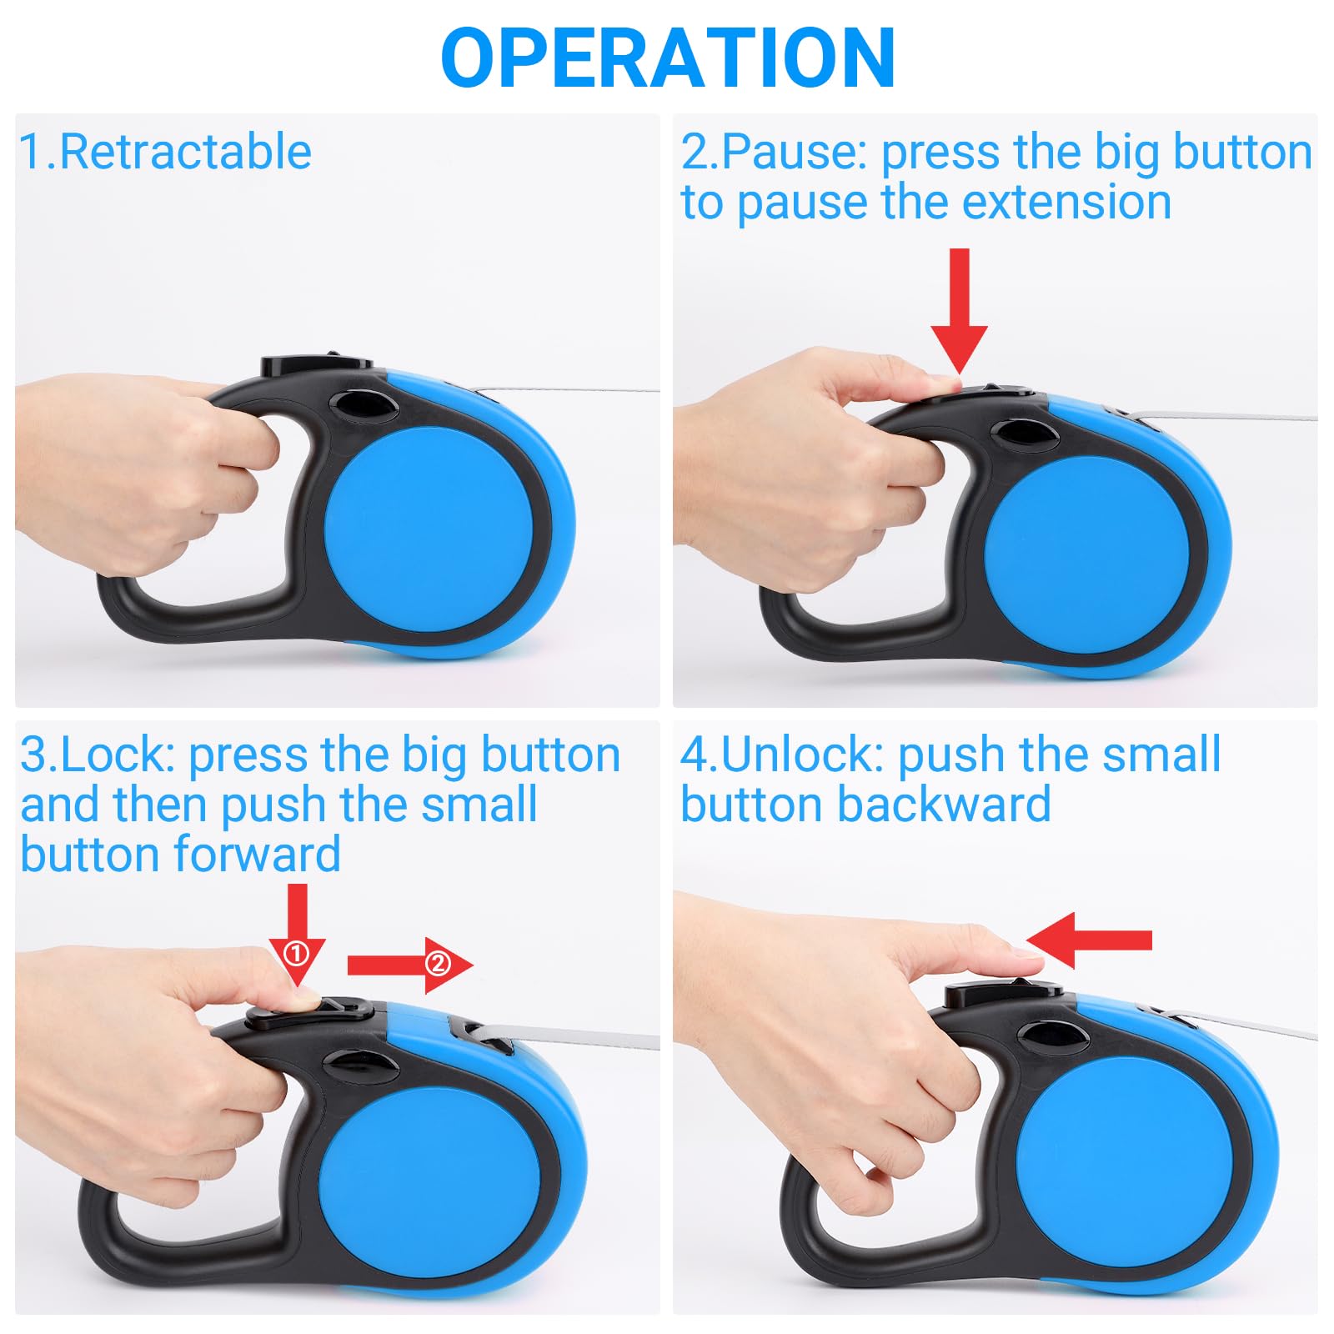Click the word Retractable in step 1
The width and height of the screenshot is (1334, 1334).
tap(185, 152)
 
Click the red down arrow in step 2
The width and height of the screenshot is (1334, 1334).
tap(959, 311)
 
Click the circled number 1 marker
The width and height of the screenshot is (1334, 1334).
tap(296, 952)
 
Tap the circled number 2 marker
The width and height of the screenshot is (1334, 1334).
tap(438, 965)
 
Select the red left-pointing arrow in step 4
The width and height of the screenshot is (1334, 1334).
tap(1088, 940)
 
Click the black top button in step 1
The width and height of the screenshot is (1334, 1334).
tap(317, 365)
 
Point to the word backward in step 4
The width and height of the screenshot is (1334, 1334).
tap(945, 805)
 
